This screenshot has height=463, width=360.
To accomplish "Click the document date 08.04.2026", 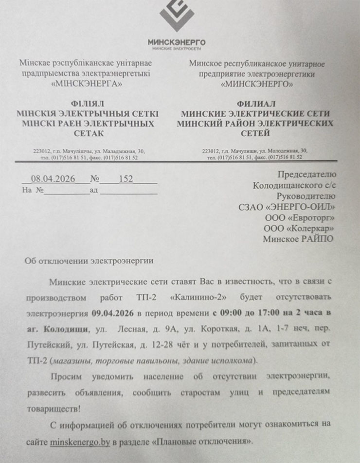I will coord(53,179).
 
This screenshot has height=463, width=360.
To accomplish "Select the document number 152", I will coord(126,179).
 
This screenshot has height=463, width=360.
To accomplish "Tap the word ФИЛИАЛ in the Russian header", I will coord(256,104).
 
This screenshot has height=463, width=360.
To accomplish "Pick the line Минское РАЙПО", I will coord(299,239).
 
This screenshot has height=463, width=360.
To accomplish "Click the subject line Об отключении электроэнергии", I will coord(89,261).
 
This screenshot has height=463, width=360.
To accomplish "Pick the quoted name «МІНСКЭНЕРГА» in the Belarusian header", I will coord(86,84).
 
